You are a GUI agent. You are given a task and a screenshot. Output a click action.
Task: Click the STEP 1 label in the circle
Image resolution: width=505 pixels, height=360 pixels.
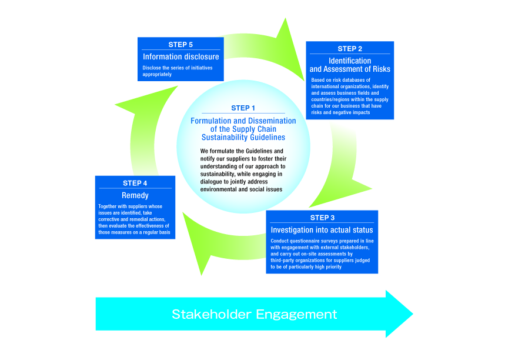tap(243, 108)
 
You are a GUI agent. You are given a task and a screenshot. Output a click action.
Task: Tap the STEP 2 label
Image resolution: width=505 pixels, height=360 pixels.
tap(349, 48)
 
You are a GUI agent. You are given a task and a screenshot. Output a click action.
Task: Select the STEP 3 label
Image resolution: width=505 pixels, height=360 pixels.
tap(322, 218)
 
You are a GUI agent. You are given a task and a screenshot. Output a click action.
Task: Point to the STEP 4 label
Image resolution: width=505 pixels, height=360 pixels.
tap(135, 183)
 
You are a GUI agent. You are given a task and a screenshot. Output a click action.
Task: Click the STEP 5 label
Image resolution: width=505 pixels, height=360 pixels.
tap(180, 44)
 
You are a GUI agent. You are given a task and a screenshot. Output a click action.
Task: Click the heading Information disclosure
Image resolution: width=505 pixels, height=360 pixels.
tap(180, 57)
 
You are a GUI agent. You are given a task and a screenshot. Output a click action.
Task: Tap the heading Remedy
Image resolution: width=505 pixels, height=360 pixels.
tap(135, 195)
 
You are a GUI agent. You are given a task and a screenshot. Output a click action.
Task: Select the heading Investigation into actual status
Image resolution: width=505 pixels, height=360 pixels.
tap(322, 229)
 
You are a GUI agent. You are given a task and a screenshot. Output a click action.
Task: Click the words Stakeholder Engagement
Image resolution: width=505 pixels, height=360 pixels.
tap(254, 314)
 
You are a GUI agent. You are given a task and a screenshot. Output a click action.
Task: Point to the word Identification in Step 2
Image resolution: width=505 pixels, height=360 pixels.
tap(350, 61)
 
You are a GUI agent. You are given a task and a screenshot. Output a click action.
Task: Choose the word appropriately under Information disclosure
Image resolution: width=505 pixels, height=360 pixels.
tap(157, 75)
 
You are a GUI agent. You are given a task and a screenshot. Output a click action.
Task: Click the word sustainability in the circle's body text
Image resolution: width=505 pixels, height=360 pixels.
tap(219, 174)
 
